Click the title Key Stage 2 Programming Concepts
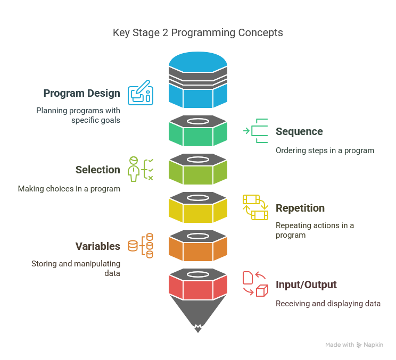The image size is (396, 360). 197,32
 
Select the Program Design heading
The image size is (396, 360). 81,94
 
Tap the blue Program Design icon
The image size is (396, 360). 141,93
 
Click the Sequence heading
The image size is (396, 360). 299,132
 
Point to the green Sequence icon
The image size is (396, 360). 256,131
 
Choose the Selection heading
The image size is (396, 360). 97,170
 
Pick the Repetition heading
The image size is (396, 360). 300,208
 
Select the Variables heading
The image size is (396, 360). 97,246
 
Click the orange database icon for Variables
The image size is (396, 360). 141,246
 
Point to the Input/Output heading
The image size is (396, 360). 306,285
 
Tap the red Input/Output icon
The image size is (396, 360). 255,284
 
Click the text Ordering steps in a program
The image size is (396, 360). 325,150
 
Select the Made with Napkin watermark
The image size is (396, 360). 354,345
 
